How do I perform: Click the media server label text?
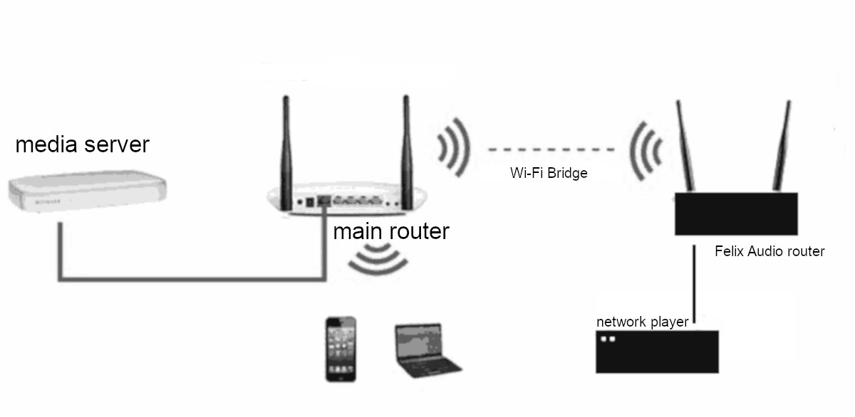coord(82,144)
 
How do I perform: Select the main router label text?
coord(391,231)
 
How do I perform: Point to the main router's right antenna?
coord(406,142)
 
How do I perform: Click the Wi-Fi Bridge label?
coord(549,173)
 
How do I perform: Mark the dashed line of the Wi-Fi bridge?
coord(550,150)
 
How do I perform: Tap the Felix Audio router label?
coord(769,251)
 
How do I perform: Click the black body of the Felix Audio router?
coord(737,213)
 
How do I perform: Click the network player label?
coord(642,322)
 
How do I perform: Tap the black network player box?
coord(656,352)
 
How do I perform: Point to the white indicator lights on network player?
coord(608,339)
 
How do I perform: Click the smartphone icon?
coord(341,349)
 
